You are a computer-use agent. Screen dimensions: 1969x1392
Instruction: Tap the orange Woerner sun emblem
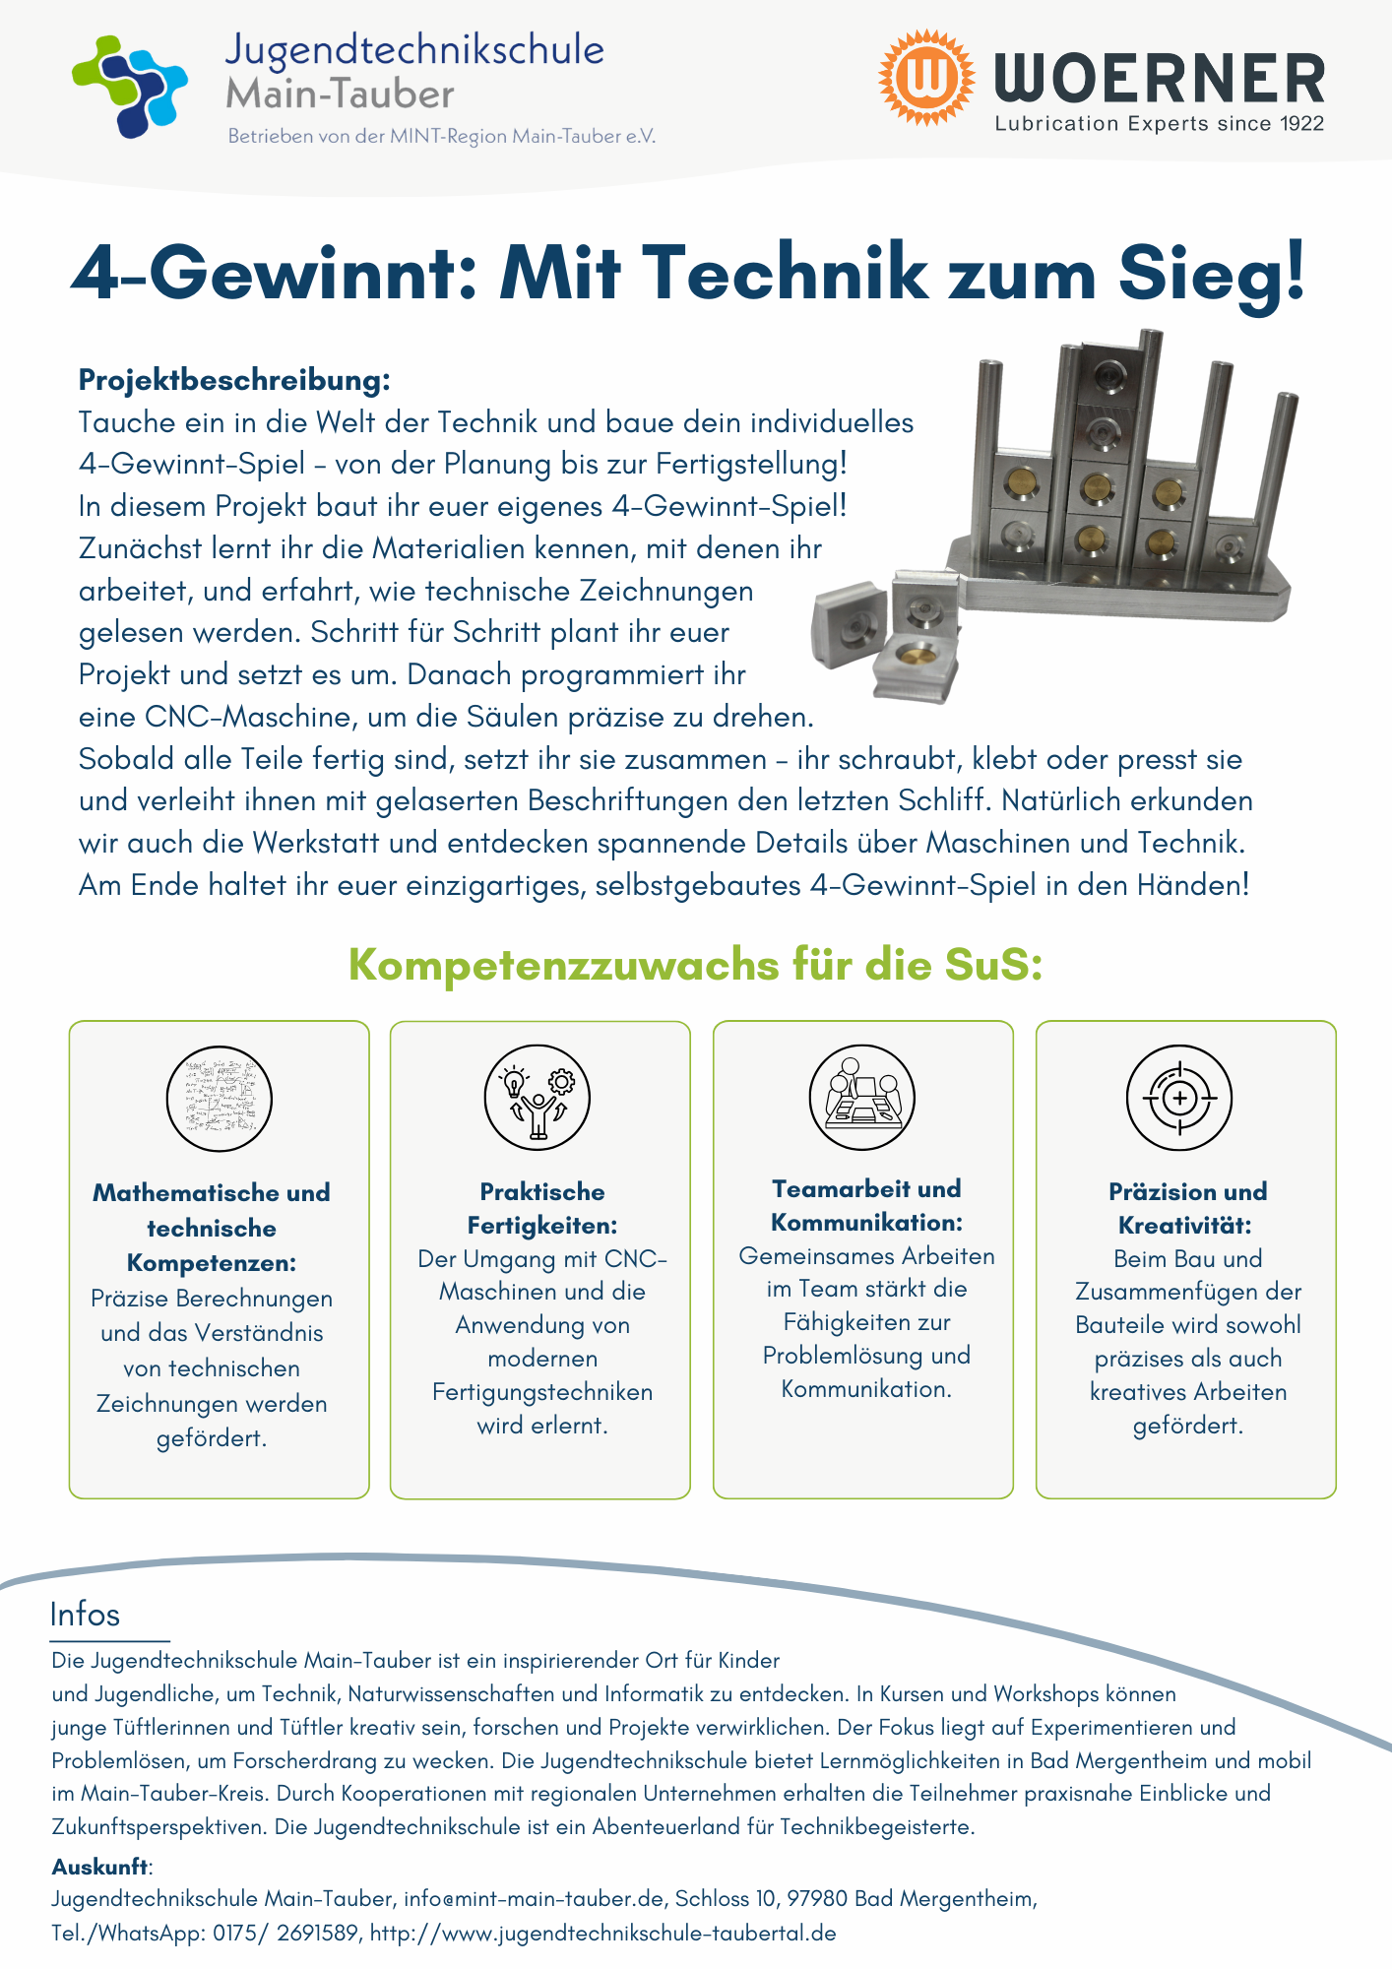click(925, 77)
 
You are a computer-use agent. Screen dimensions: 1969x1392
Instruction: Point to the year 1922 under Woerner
click(1301, 124)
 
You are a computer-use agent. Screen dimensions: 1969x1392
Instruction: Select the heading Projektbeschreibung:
click(234, 380)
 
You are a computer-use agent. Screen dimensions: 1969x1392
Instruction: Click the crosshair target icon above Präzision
click(1178, 1097)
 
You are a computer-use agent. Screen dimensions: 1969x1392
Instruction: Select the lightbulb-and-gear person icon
click(537, 1097)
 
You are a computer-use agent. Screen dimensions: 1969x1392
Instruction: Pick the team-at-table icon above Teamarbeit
click(861, 1097)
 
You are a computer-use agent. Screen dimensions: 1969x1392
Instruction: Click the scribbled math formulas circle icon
click(219, 1098)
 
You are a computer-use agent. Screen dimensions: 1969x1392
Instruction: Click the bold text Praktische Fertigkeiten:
click(541, 1209)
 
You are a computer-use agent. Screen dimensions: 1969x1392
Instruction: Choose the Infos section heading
click(85, 1615)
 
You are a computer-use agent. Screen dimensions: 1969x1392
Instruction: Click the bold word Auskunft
click(100, 1867)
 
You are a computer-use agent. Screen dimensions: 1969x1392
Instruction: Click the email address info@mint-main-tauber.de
click(534, 1899)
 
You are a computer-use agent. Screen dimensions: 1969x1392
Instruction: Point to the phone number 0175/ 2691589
click(285, 1933)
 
